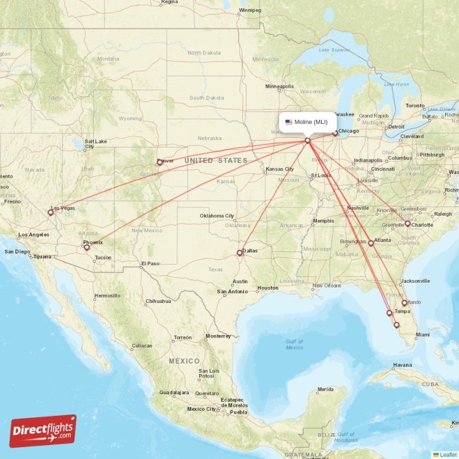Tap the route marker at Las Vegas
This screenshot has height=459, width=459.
point(50,213)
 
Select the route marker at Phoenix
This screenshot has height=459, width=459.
point(87,248)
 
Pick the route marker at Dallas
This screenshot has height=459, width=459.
point(240,253)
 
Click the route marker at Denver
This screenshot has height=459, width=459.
point(160,162)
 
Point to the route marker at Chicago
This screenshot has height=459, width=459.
point(335,134)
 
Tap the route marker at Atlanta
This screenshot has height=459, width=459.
point(371,243)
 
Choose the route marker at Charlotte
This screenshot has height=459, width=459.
point(407,224)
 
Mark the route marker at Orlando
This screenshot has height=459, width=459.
point(404,303)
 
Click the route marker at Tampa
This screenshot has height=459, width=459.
point(390,313)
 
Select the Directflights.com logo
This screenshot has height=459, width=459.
point(43,431)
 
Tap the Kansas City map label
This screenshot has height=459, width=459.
point(279,169)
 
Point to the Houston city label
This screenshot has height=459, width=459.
point(267,287)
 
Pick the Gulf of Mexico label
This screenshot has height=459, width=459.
point(294,344)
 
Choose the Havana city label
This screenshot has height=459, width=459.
point(402,365)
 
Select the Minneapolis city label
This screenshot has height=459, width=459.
point(279,87)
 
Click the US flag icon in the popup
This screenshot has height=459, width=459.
point(289,122)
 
